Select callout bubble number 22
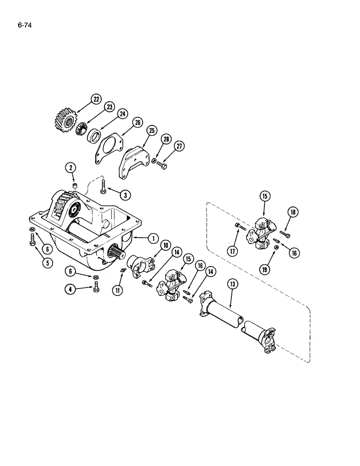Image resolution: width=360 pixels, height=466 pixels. [96, 99]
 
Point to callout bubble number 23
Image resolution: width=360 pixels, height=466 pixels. [110, 107]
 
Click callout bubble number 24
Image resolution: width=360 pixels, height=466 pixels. [122, 114]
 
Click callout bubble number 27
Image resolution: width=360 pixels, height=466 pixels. [180, 146]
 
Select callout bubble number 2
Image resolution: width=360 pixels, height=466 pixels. [71, 167]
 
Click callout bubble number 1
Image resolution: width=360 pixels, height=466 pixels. [152, 239]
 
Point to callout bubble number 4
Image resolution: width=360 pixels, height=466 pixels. [71, 289]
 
